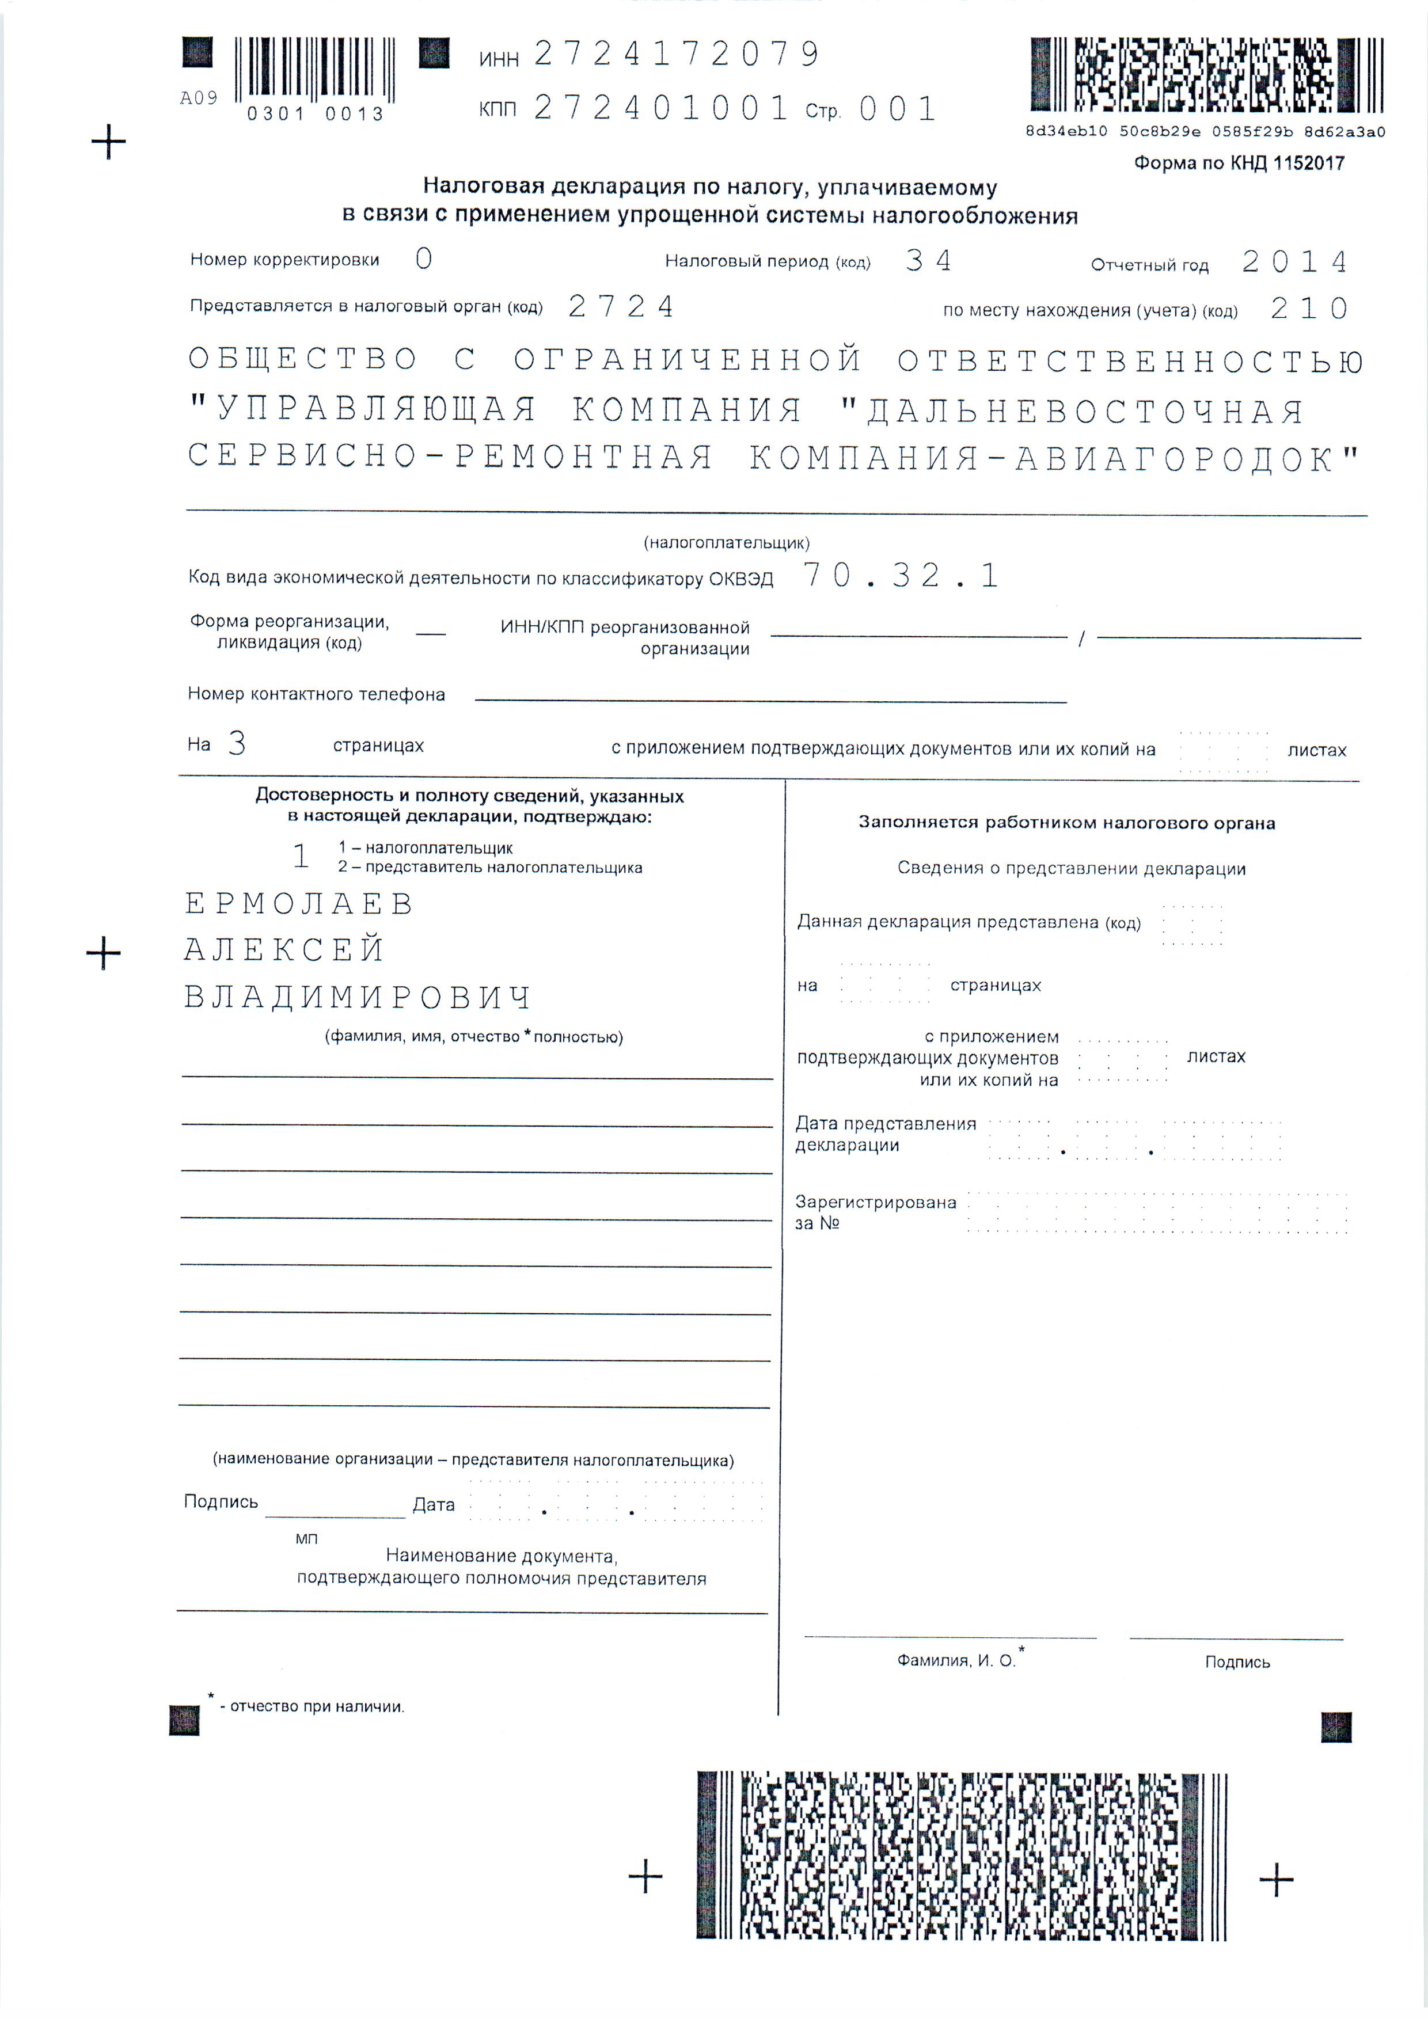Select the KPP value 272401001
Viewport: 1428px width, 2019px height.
pyautogui.click(x=661, y=108)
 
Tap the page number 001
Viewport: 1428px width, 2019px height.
pyautogui.click(x=897, y=109)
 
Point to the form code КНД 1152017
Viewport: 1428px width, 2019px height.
pyautogui.click(x=1238, y=163)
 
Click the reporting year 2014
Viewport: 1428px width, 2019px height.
pyautogui.click(x=1294, y=262)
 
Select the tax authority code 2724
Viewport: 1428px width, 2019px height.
pyautogui.click(x=621, y=306)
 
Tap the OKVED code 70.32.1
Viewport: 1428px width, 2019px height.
pyautogui.click(x=901, y=575)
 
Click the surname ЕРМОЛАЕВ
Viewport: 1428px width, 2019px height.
pyautogui.click(x=299, y=903)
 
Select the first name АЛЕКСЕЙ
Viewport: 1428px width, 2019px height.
pyautogui.click(x=284, y=950)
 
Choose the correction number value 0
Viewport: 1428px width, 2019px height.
pyautogui.click(x=424, y=258)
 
